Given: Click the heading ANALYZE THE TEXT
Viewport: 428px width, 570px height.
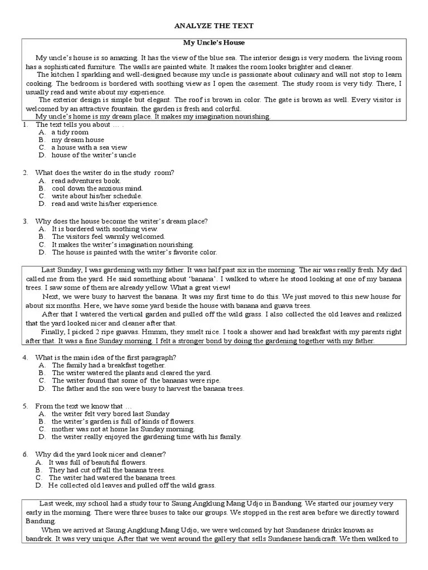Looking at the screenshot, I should pos(214,26).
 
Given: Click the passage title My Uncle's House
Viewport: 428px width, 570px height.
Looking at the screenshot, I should pos(214,42).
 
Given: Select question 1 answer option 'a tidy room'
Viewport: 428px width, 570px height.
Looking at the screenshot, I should pos(70,132).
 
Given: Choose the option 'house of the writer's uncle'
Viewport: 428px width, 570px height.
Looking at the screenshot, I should pos(93,155).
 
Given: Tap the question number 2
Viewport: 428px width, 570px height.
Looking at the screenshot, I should pos(26,173).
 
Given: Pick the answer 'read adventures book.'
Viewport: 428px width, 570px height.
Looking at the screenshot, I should pos(86,180).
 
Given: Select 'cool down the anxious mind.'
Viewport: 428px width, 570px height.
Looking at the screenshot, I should pos(97,188).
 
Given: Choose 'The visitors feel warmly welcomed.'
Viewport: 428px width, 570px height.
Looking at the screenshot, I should pos(108,237).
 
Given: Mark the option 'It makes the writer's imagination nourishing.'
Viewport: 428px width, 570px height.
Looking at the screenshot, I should pos(123,244).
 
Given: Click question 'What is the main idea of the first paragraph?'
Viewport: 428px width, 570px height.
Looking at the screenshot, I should pos(106,357).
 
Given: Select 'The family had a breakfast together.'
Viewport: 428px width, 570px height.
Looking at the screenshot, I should pos(104,365).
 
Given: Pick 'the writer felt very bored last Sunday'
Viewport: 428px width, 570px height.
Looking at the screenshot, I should pos(110,414).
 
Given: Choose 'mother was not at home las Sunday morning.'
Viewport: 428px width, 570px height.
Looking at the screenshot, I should pos(123,429).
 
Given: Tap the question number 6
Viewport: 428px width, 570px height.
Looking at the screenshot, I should pos(26,454).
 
